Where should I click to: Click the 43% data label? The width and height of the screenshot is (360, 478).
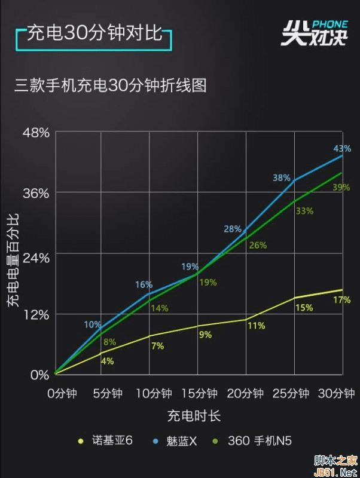coord(342,149)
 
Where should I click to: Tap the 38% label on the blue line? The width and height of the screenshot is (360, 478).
coord(282,178)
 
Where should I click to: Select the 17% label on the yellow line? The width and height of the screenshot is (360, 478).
coord(342,300)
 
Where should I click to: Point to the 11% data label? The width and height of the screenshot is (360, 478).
coord(256,326)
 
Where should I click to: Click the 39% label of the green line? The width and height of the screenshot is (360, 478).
coord(341,188)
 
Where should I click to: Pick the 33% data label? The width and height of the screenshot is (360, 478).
coord(304,211)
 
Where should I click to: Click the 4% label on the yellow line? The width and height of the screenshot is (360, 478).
coord(108,361)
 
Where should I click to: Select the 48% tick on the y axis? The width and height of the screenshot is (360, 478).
coord(36,133)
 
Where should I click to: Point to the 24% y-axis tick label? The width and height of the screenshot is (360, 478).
coord(36,258)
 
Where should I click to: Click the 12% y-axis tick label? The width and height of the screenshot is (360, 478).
coord(36,314)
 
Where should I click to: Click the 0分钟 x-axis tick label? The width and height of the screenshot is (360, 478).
coord(63,394)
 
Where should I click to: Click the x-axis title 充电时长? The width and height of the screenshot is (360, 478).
coord(194,415)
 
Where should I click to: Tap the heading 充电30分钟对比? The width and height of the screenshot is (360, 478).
coord(94,33)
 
